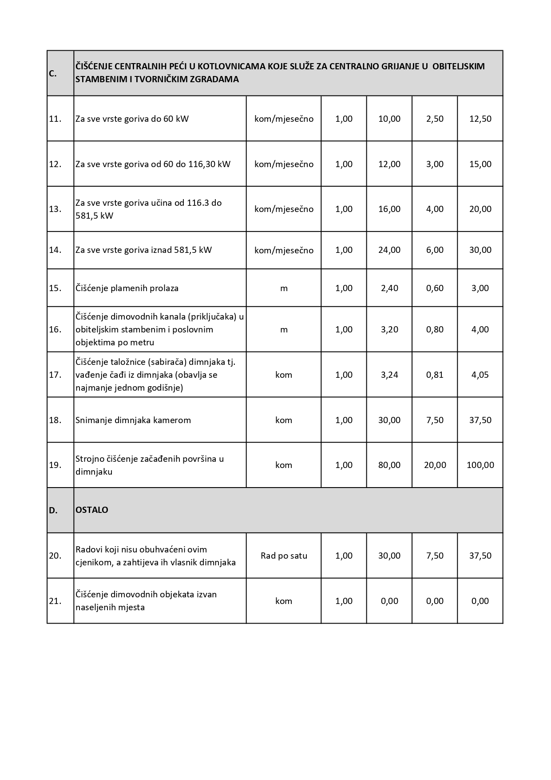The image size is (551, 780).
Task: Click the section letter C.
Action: pyautogui.click(x=52, y=74)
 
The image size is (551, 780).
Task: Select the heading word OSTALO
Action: pyautogui.click(x=92, y=510)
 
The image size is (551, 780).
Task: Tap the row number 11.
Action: pyautogui.click(x=55, y=119)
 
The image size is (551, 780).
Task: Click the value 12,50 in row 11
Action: pyautogui.click(x=480, y=119)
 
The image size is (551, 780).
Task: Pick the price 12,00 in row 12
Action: pyautogui.click(x=389, y=164)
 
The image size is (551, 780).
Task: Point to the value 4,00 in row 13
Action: pyautogui.click(x=435, y=209)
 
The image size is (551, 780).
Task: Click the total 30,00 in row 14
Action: pyautogui.click(x=480, y=250)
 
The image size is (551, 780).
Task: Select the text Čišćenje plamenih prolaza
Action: pyautogui.click(x=127, y=288)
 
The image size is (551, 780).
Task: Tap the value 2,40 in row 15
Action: pyautogui.click(x=389, y=288)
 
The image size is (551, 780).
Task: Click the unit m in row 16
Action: pyautogui.click(x=284, y=329)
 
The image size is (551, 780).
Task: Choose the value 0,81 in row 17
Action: pyautogui.click(x=435, y=375)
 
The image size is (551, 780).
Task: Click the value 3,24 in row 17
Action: pyautogui.click(x=389, y=375)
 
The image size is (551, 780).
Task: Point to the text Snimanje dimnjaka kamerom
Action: pyautogui.click(x=133, y=420)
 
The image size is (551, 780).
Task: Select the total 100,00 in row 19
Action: pyautogui.click(x=480, y=465)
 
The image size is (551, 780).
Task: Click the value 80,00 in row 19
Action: pyautogui.click(x=389, y=465)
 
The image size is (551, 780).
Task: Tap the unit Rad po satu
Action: pyautogui.click(x=284, y=556)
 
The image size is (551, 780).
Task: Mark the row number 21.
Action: pyautogui.click(x=55, y=601)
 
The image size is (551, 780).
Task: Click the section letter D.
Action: pyautogui.click(x=53, y=511)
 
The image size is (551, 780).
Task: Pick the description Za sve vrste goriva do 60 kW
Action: pyautogui.click(x=132, y=119)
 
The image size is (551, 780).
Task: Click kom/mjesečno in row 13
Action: pyautogui.click(x=284, y=209)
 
